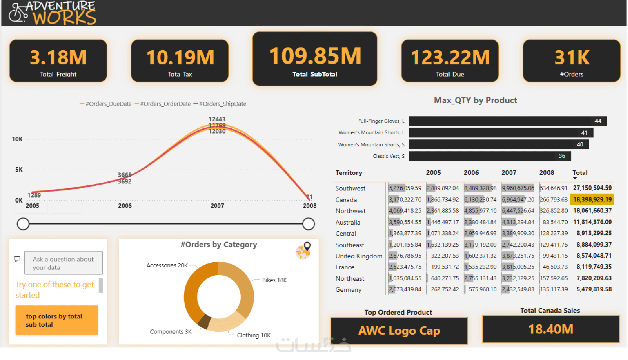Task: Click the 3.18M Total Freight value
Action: point(58,57)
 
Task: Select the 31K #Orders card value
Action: point(572,57)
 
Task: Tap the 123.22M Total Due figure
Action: point(450,57)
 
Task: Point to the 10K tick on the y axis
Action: point(17,139)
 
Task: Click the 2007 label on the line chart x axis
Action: point(217,206)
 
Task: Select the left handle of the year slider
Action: point(23,224)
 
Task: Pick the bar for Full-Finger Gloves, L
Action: point(507,121)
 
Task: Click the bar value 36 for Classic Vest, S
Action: point(562,156)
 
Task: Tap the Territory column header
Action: point(349,173)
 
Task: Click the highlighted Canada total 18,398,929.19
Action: point(592,199)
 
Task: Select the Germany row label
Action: point(348,290)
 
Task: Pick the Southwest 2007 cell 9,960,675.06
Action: point(518,188)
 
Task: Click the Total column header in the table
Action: point(579,173)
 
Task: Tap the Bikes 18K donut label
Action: point(274,280)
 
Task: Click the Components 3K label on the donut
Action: point(171,332)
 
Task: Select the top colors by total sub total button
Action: point(57,320)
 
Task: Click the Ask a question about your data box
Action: point(63,263)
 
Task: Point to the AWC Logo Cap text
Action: point(399,331)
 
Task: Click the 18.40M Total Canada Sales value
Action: point(550,329)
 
